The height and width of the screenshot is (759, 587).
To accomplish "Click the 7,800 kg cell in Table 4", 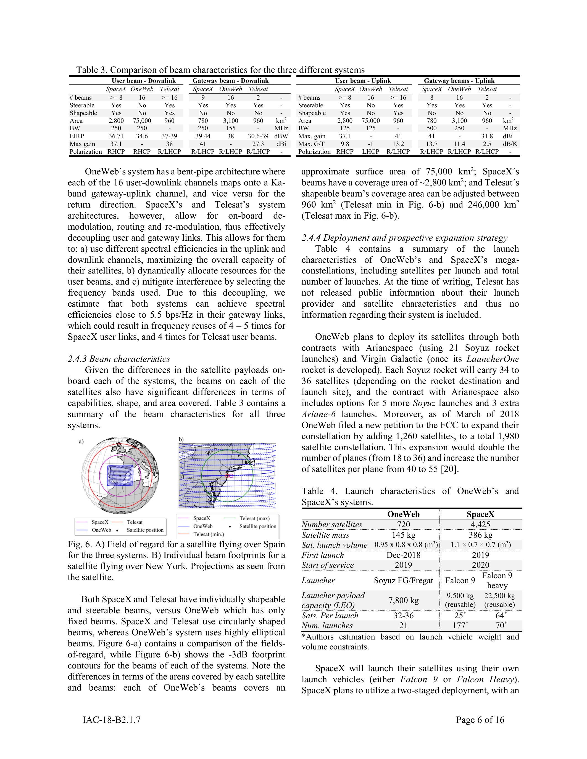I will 403,600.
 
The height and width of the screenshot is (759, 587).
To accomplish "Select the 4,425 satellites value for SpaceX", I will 480,524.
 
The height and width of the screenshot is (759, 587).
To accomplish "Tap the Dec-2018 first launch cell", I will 403,555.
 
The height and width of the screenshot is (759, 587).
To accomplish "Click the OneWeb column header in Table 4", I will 403,514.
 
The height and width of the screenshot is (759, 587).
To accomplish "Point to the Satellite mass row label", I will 325,535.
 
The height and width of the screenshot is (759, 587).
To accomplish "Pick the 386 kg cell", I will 480,535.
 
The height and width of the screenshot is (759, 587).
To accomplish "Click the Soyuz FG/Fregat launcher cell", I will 403,580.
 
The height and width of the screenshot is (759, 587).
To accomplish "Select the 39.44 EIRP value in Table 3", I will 203,136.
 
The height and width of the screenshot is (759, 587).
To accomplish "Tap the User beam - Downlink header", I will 143,81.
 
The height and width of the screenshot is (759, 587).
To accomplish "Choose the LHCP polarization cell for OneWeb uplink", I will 370,152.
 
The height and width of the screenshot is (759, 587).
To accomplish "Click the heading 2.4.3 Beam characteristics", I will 119,359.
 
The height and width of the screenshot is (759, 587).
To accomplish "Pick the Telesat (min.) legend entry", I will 209,534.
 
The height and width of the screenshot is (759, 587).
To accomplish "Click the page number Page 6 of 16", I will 480,720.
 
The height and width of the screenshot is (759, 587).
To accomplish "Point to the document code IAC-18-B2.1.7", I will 112,720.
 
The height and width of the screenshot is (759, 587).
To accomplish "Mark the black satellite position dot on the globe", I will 120,475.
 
